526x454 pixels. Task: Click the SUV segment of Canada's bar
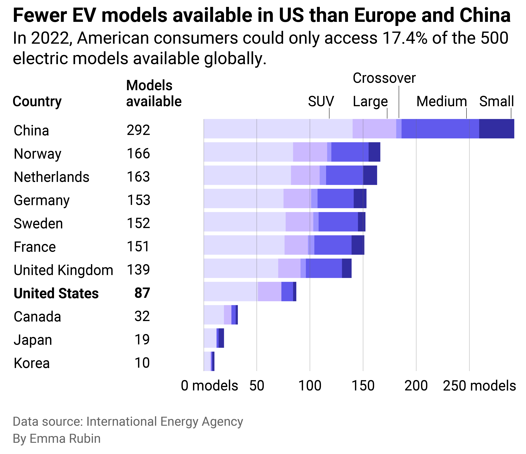213,315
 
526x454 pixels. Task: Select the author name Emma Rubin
65,438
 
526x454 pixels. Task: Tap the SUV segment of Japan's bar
210,338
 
